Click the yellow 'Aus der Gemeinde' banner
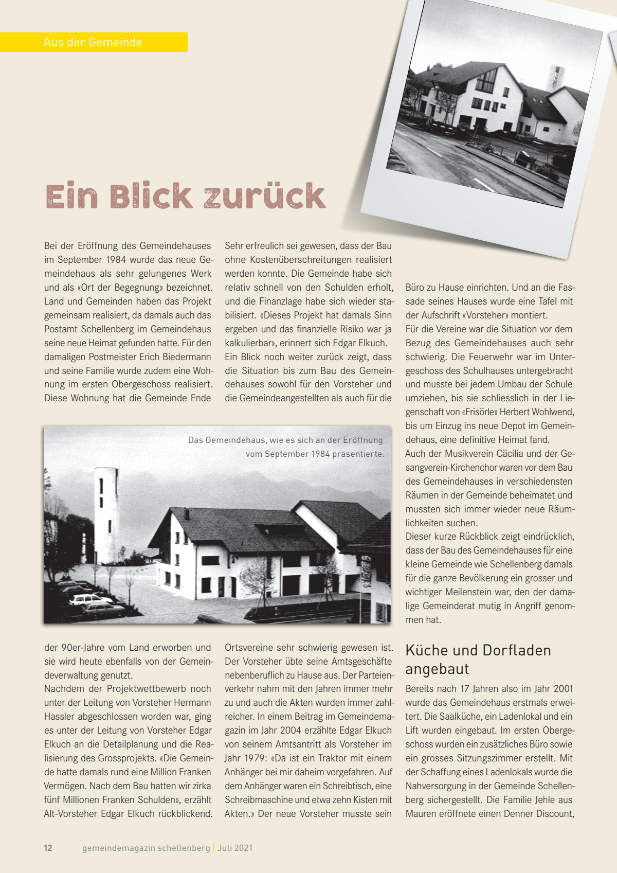coord(93,42)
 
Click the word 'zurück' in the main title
coord(265,196)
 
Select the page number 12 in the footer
coord(48,848)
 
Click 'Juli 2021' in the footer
coord(235,848)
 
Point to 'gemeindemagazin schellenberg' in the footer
coord(146,848)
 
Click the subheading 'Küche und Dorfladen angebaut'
coord(478,660)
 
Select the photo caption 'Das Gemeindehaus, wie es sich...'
coord(286,447)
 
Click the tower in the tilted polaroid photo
coord(556,79)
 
